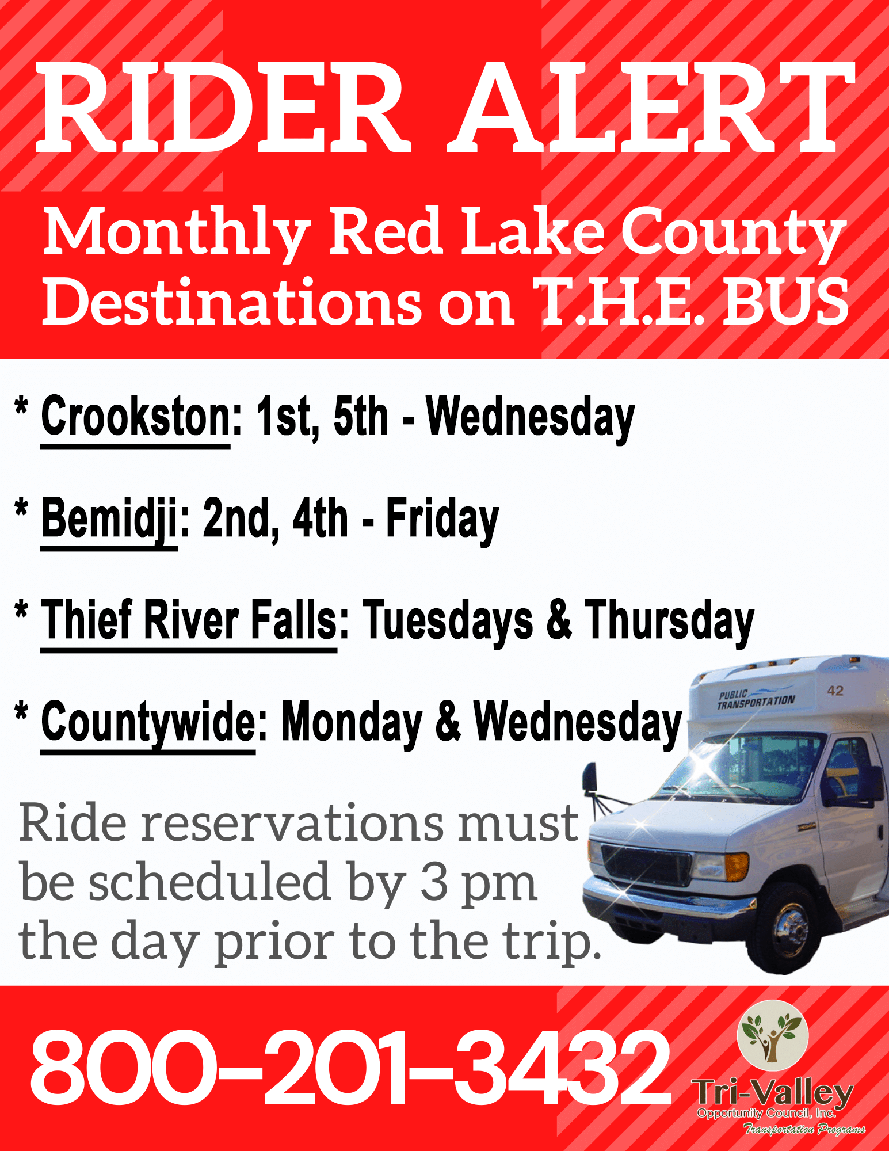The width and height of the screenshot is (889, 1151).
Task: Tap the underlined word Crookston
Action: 136,417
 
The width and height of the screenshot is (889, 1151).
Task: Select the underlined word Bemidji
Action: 109,519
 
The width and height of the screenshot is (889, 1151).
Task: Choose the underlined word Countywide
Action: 148,723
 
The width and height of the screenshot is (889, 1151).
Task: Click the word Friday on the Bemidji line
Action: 442,520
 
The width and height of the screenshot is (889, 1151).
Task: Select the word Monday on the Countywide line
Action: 352,723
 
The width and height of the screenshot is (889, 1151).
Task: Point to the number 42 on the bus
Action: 835,691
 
